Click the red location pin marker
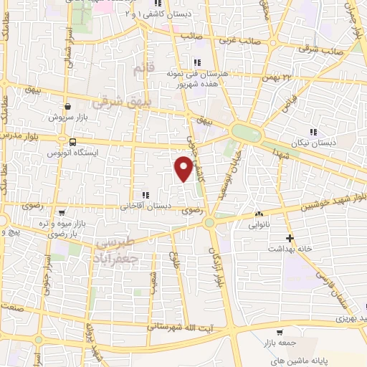pos(183,168)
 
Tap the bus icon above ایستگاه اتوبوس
pos(72,141)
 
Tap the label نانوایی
pos(259,225)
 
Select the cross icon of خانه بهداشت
pos(290,237)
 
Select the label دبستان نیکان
pos(313,143)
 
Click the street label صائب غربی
pos(242,42)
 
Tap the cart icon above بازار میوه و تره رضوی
pos(62,213)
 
